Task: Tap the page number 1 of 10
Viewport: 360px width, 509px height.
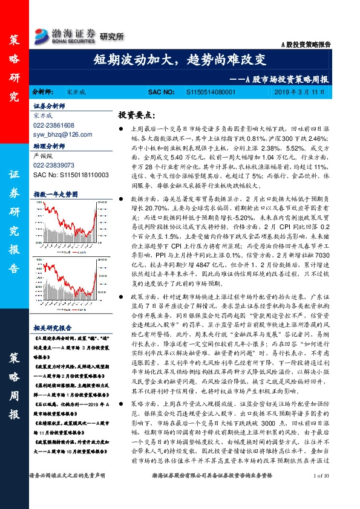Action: [x=322, y=494]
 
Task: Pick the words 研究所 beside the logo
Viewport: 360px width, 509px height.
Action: [x=111, y=37]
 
